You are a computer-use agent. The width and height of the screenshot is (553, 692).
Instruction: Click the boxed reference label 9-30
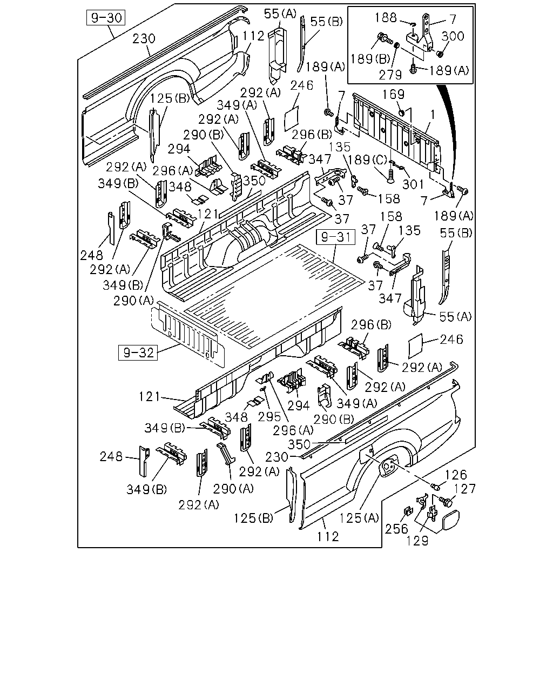point(106,18)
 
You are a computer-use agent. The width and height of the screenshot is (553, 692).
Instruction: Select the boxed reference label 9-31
point(335,237)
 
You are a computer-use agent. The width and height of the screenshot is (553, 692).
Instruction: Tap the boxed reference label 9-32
point(138,352)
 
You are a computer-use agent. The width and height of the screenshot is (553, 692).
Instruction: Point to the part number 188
point(386,18)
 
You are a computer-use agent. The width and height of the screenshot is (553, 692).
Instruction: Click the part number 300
point(453,36)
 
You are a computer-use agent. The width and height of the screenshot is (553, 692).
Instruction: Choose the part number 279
point(390,75)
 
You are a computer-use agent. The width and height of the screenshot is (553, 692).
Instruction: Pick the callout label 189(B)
point(370,59)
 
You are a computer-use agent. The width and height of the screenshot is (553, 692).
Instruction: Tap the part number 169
point(393,94)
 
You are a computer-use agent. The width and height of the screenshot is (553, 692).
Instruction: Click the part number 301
point(413,184)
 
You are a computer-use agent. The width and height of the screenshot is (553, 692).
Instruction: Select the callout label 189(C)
point(367,160)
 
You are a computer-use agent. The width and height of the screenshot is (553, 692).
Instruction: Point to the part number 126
point(456,475)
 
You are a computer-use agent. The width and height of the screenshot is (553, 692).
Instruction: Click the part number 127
point(464,489)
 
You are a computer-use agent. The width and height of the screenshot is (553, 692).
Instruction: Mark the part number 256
point(396,529)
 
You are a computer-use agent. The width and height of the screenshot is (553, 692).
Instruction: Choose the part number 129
point(417,541)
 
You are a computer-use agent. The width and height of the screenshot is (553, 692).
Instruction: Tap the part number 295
point(269,417)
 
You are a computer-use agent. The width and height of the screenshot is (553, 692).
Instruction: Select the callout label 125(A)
point(359,518)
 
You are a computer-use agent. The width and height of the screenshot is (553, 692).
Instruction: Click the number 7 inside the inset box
point(453,19)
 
